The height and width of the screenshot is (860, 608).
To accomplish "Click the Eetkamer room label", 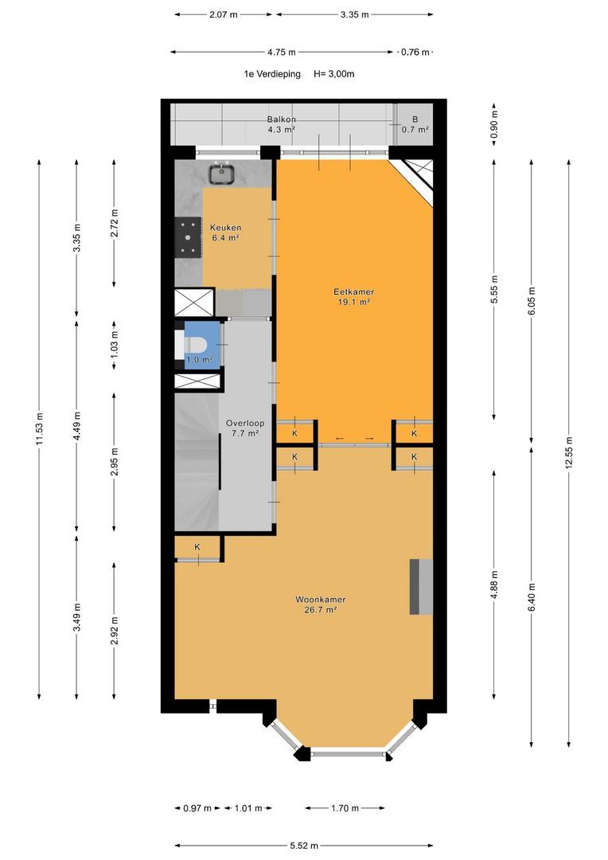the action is (x=353, y=291).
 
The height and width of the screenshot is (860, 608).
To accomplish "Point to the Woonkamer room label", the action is (x=321, y=600).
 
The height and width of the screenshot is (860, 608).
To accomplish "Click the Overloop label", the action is (x=245, y=424).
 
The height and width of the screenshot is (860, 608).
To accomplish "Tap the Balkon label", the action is (x=281, y=119).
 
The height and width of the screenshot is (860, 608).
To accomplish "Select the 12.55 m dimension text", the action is (x=569, y=452).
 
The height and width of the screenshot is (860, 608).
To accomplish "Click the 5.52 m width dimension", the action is (x=304, y=846).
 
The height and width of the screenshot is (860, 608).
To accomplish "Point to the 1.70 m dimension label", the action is (x=345, y=808).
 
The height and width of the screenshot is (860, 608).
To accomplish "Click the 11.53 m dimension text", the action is (x=40, y=429).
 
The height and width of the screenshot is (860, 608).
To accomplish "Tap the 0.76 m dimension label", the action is (x=415, y=52).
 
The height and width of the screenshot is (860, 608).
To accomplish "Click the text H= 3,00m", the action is (x=334, y=74).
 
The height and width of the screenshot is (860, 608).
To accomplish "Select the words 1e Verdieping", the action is (x=272, y=74).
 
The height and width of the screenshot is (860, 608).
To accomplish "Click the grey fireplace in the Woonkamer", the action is (x=421, y=586).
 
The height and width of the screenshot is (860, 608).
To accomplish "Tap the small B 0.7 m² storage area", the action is (x=415, y=125).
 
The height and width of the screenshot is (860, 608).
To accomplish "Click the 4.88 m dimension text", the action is (x=495, y=585).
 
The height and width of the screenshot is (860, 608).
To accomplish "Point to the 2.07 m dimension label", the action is (x=223, y=15).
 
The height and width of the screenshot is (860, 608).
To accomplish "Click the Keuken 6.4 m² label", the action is (x=225, y=233).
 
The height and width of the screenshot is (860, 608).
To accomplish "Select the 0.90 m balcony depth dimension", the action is (x=494, y=124).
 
